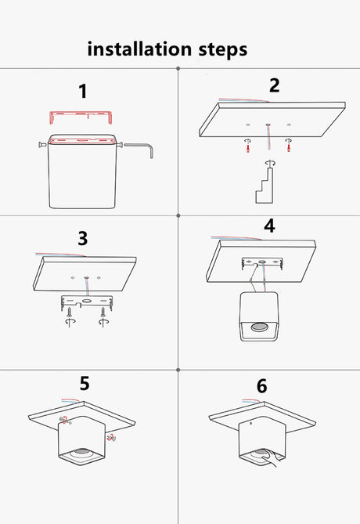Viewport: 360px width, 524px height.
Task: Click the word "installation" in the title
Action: tap(139, 49)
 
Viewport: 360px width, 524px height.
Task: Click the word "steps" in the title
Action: tap(223, 50)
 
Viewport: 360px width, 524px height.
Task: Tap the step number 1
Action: tap(83, 91)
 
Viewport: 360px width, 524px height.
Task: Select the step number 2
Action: tap(274, 85)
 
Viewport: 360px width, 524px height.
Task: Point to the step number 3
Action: tap(83, 238)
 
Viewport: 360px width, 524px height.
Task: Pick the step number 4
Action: tap(269, 226)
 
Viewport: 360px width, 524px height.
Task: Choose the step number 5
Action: tap(85, 383)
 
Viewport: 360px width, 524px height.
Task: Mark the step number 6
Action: tap(262, 386)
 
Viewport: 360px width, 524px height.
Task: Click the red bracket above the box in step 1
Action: tap(81, 113)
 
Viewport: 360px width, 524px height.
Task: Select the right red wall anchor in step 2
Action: tap(289, 145)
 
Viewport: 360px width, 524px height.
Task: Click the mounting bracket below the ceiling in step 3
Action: tap(87, 303)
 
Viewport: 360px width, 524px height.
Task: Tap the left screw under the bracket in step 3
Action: tap(70, 313)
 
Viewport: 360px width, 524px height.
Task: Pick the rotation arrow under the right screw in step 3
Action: tap(103, 321)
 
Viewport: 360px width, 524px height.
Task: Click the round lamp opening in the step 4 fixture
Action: tap(260, 327)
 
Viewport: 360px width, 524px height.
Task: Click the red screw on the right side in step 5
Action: tap(111, 437)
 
